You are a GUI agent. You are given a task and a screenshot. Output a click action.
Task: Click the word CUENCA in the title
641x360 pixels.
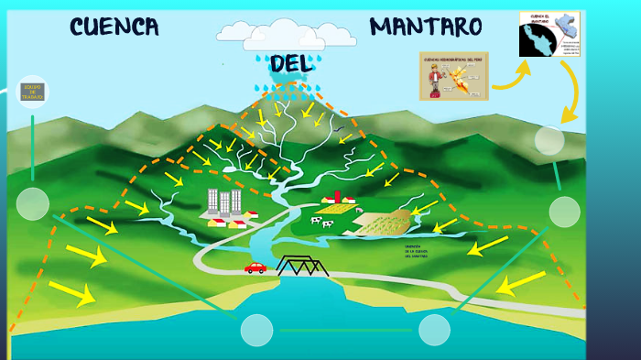tap(114, 27)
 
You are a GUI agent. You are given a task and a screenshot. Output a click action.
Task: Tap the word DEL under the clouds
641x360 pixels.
tap(291, 63)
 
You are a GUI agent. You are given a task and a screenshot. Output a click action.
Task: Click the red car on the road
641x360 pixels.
tap(255, 267)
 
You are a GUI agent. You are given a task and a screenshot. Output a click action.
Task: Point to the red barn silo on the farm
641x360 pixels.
tap(337, 197)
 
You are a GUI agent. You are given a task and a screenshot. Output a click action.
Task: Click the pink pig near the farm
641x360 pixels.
tap(359, 211)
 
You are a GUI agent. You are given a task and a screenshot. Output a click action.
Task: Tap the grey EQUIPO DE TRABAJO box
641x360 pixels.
tap(32, 92)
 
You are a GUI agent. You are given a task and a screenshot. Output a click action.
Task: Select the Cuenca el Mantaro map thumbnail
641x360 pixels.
tap(550, 34)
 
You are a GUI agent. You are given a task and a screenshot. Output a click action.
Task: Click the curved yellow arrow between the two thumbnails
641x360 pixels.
tap(511, 78)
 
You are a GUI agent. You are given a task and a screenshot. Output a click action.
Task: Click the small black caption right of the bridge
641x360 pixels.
tap(417, 251)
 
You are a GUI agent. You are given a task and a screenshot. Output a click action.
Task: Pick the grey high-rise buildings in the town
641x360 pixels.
tap(223, 203)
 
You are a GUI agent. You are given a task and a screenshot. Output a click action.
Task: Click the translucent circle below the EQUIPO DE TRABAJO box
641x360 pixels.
tap(32, 203)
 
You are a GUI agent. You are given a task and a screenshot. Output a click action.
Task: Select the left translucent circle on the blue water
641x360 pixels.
tap(256, 330)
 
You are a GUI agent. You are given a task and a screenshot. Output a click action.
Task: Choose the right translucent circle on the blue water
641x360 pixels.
tap(434, 330)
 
